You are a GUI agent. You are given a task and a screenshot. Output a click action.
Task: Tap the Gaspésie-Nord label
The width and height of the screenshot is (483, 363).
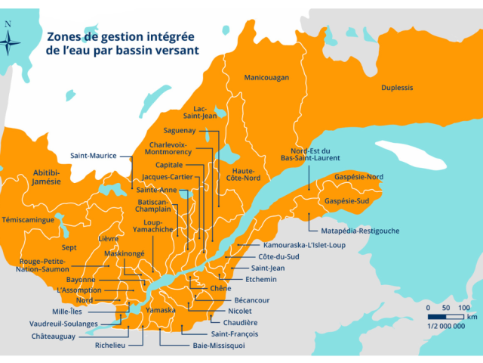coord(359,176)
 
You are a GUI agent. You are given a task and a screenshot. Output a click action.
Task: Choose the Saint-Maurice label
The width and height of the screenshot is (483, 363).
coord(94,156)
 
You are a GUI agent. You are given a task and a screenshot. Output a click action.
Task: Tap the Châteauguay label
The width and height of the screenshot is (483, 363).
coord(53,337)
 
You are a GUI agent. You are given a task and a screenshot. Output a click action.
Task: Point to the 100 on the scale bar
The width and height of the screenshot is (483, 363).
coord(463,308)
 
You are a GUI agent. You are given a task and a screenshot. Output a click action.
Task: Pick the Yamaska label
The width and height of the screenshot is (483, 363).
coord(160,311)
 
